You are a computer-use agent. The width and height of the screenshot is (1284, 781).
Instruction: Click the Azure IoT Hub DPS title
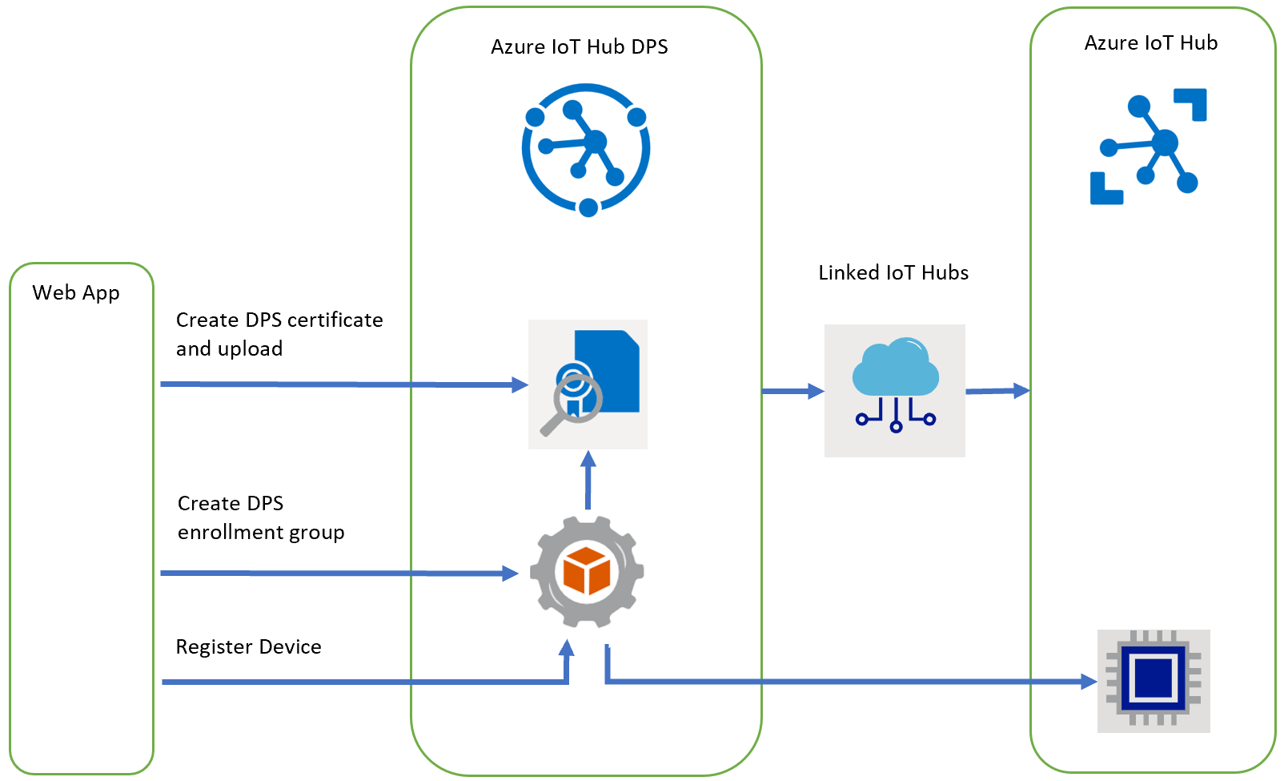pos(579,47)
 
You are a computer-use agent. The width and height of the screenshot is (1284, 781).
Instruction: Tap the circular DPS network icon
pos(586,149)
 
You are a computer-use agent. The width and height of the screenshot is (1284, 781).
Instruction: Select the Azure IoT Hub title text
pos(1150,43)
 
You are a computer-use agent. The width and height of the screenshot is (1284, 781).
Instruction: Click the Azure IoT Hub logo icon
pos(1148,147)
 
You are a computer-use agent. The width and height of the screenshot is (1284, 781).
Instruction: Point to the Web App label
pos(76,293)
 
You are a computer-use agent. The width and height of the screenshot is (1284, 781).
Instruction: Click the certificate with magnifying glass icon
pos(588,384)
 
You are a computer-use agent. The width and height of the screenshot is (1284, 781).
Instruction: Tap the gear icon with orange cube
pos(587,571)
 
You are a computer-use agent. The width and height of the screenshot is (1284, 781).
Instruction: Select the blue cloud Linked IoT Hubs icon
pos(895,390)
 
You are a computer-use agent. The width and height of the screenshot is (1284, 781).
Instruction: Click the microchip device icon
pos(1153,681)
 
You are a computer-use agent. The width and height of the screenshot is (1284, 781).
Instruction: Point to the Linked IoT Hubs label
pos(893,273)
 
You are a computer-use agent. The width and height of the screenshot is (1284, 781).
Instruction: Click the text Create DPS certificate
pos(279,320)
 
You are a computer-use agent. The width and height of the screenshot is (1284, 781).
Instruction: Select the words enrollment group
pos(261,533)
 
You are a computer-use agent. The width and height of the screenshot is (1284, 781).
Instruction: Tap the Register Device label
pos(248,647)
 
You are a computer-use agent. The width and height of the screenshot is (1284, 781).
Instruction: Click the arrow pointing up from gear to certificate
pos(588,481)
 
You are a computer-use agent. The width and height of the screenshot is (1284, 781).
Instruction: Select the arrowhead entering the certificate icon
pos(520,385)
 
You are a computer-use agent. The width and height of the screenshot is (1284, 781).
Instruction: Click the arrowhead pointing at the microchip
pos(1089,682)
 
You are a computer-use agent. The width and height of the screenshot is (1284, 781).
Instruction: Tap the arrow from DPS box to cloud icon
pos(792,392)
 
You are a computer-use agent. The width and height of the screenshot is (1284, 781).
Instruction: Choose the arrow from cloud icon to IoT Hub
pos(997,391)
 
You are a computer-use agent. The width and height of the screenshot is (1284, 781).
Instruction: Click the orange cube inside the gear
pos(587,570)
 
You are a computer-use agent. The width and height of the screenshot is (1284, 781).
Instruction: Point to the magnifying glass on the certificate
pos(568,405)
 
